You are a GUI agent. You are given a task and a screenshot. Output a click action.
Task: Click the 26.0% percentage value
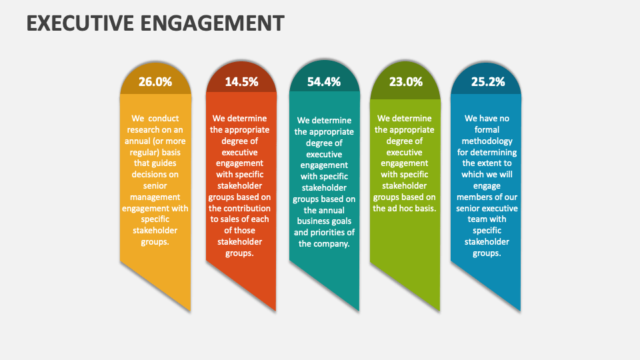(155, 82)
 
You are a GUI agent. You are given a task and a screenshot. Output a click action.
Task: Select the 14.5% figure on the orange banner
(241, 82)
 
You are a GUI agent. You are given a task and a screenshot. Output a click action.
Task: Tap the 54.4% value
(324, 82)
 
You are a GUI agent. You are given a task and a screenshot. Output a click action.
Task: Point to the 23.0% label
(406, 82)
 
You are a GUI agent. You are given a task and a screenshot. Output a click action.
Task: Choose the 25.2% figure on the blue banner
(487, 82)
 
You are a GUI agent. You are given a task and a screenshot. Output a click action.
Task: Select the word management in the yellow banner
(155, 197)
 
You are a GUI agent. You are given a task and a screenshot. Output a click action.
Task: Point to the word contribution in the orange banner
(240, 208)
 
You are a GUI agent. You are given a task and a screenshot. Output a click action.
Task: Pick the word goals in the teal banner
(340, 221)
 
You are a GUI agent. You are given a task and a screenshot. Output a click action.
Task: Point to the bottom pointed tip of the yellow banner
(190, 311)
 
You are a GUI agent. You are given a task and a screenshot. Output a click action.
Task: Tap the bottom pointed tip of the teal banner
(359, 311)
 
